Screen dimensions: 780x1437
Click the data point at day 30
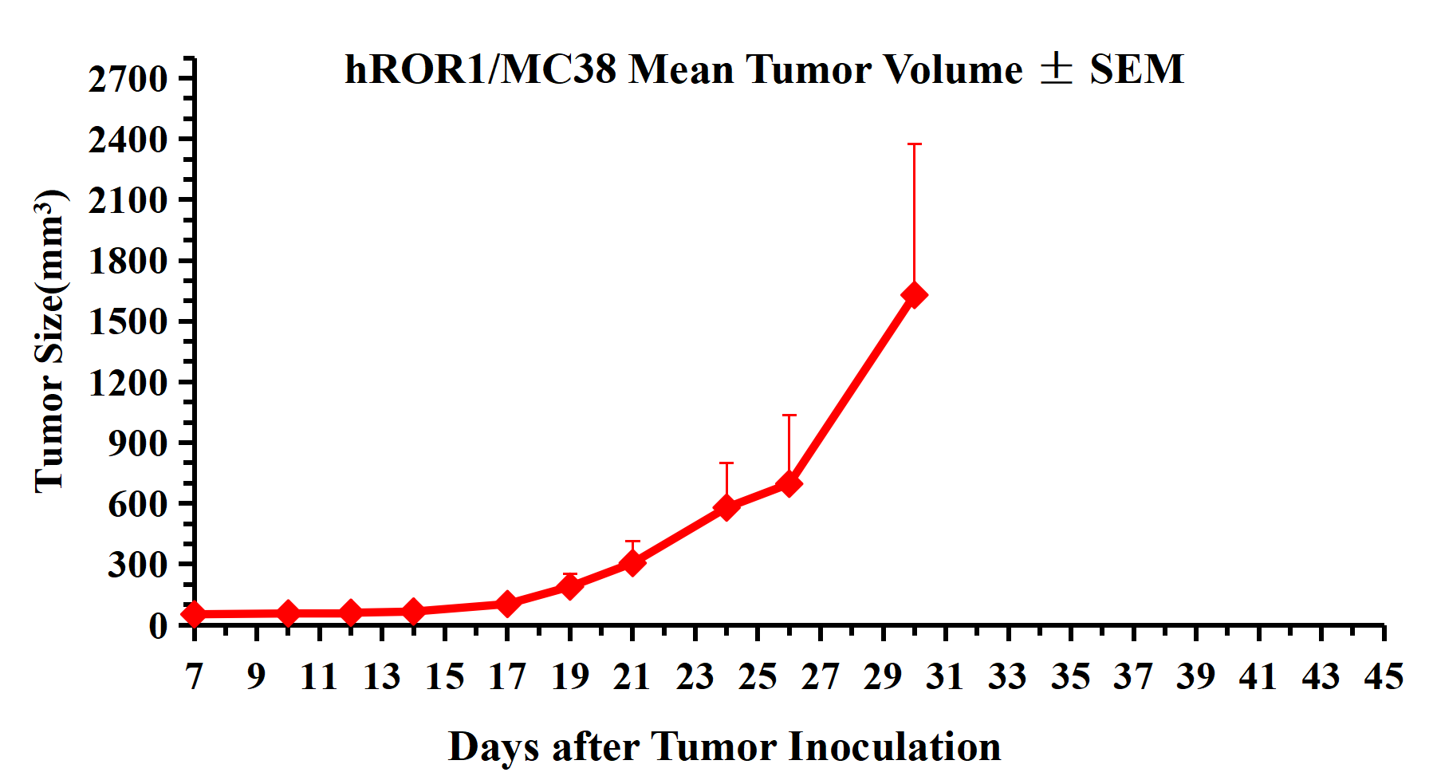(x=914, y=295)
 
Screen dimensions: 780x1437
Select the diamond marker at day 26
(x=789, y=484)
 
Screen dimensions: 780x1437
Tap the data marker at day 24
(x=726, y=507)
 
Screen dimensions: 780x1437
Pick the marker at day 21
(x=632, y=563)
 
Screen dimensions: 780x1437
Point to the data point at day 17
(x=507, y=604)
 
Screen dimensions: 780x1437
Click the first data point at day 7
(x=194, y=614)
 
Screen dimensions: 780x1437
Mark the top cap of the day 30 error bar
(x=914, y=144)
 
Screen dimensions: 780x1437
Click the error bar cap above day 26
(x=789, y=416)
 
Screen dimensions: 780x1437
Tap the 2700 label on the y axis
(x=128, y=79)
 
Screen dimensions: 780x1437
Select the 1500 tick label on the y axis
(x=128, y=321)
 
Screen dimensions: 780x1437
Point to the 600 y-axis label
(x=138, y=503)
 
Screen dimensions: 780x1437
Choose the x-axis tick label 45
(x=1384, y=676)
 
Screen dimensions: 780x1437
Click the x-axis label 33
(x=1008, y=676)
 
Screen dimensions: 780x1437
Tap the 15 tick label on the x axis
(x=444, y=676)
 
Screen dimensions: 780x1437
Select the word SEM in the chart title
(x=1136, y=69)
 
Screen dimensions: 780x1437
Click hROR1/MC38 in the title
(x=481, y=69)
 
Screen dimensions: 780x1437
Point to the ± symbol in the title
(x=1056, y=69)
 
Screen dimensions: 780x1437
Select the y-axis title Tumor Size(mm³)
(x=49, y=341)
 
